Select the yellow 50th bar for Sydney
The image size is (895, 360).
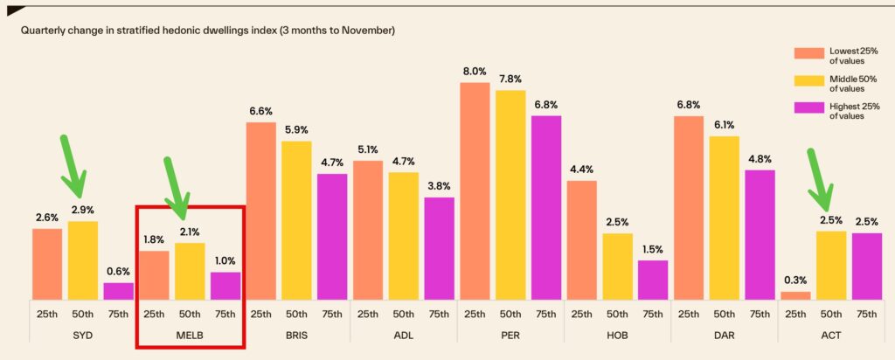click(x=82, y=260)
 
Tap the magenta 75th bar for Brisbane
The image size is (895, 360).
click(x=331, y=237)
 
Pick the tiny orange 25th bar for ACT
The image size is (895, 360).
click(x=795, y=295)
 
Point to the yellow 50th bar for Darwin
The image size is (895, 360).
click(x=725, y=218)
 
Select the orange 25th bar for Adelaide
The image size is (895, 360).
click(x=367, y=230)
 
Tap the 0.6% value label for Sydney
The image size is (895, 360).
click(x=118, y=272)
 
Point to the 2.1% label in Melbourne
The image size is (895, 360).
click(x=190, y=232)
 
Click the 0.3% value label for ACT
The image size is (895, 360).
click(x=795, y=280)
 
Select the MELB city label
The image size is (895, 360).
click(x=190, y=336)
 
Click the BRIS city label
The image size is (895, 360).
click(x=296, y=336)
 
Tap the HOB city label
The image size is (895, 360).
click(x=617, y=336)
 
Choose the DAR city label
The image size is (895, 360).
click(x=725, y=336)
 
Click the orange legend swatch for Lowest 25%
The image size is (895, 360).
click(x=809, y=53)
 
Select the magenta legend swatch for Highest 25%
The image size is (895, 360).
click(x=809, y=107)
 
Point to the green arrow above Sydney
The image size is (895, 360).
click(x=72, y=166)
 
